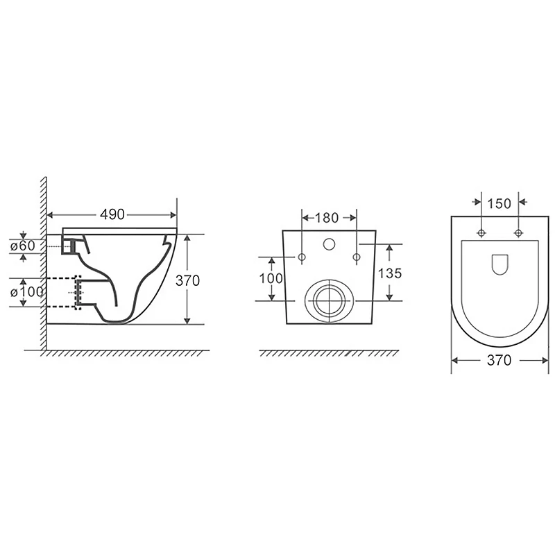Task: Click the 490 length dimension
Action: coord(112,214)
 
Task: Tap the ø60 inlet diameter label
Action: coord(23,246)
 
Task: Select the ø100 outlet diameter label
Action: coord(27,292)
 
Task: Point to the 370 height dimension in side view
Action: coord(187,281)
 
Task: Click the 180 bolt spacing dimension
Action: coord(326,218)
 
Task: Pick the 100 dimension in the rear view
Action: coord(271,279)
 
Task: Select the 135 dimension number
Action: coord(390,273)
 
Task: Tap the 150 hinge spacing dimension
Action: coord(499,203)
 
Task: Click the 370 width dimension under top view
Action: coord(499,360)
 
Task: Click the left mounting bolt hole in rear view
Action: coord(302,257)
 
